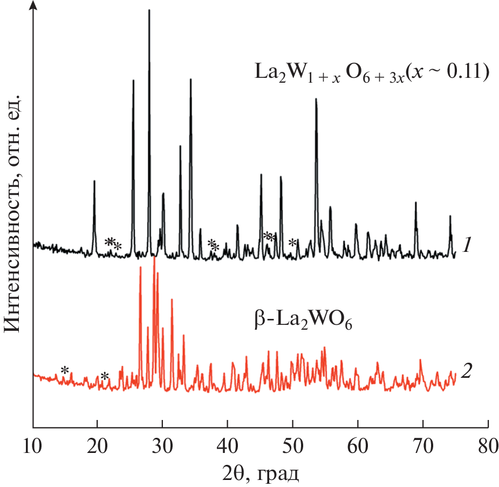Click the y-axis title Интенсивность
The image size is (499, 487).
point(13,214)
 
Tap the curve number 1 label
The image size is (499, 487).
point(467,246)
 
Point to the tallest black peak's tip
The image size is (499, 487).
point(149,10)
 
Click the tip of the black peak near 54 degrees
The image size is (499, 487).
point(316,99)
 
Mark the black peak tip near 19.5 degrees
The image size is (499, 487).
point(94,181)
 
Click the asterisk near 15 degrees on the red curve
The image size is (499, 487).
point(65,370)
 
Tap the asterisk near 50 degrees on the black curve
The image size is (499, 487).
point(292,243)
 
